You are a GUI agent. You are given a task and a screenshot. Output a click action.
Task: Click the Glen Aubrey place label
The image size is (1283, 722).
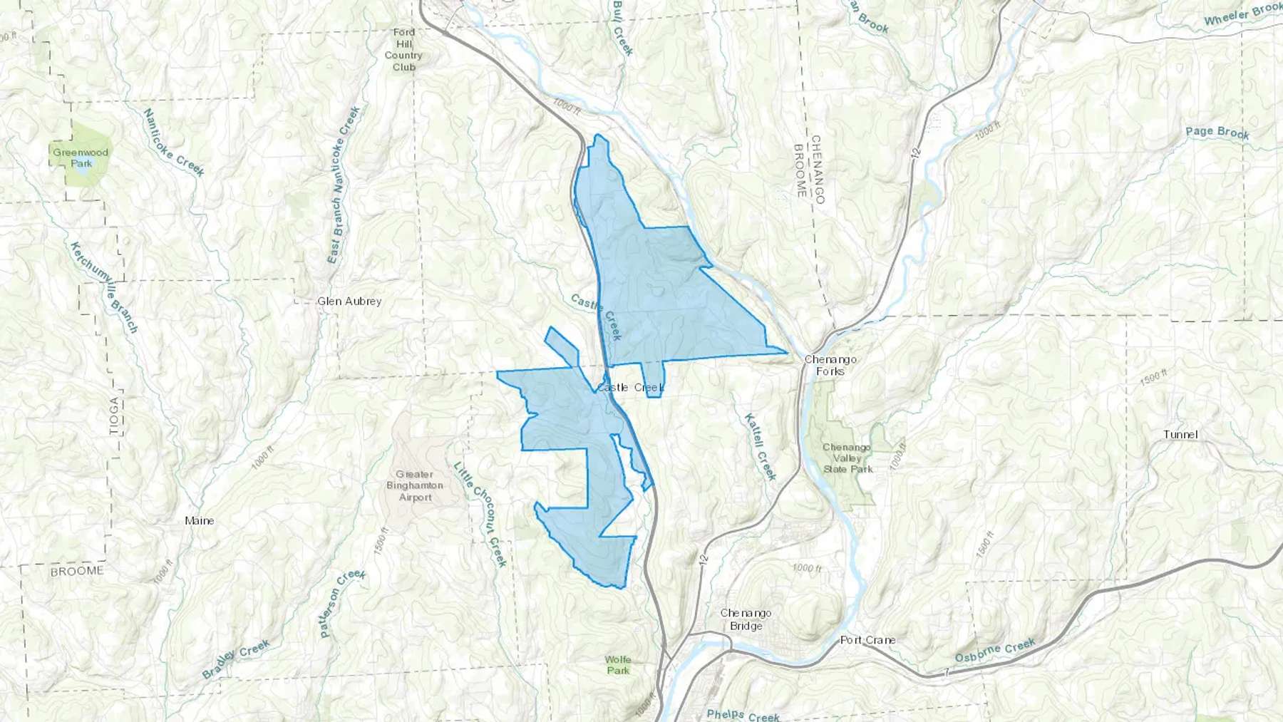349,301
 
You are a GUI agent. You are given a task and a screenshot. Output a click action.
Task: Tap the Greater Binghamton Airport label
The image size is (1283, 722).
415,485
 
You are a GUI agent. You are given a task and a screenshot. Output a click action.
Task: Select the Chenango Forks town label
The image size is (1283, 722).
830,365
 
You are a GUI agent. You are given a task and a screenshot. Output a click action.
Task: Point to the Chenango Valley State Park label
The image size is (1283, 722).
847,458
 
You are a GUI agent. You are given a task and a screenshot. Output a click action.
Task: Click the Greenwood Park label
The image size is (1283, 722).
80,158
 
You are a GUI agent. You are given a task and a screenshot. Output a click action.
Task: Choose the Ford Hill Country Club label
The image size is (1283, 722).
403,49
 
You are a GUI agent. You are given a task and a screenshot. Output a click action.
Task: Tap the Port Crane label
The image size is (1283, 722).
867,639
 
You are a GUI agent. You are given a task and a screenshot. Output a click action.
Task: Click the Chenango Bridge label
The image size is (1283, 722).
746,619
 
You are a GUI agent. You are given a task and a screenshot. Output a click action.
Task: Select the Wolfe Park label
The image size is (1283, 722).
618,664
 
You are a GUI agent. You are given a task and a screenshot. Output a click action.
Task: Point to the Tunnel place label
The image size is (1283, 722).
1180,434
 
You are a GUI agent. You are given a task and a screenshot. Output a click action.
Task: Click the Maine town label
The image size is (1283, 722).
200,520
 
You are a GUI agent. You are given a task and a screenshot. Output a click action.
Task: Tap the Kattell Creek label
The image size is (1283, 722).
760,447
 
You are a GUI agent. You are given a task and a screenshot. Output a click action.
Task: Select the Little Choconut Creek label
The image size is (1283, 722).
480,514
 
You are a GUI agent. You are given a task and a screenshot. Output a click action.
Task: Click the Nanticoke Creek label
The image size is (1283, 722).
173,143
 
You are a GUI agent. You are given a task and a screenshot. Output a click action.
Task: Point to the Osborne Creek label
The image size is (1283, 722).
995,651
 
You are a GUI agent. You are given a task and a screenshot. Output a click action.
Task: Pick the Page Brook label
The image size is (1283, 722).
1217,133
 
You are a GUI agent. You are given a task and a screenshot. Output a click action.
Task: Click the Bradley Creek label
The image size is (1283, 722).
236,659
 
